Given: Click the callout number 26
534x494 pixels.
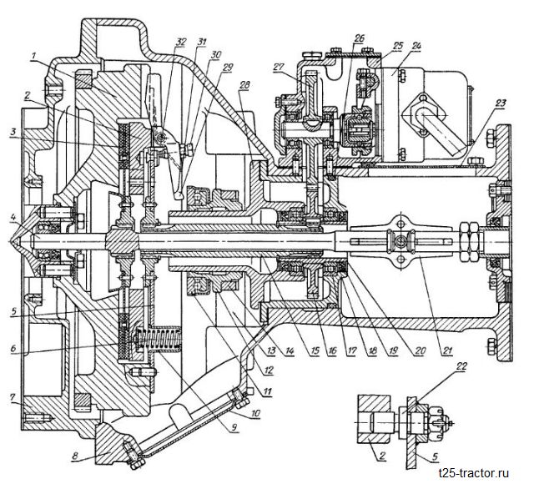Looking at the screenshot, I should (x=360, y=39).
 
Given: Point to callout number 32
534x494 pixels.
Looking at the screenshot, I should (x=182, y=42).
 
